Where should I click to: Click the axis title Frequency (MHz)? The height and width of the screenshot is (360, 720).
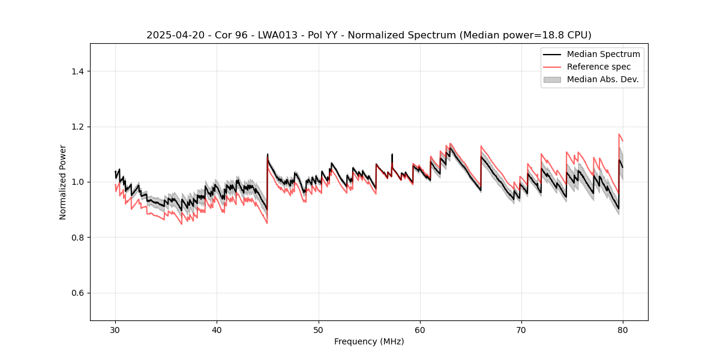pyautogui.click(x=369, y=341)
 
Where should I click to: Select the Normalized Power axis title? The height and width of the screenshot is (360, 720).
pyautogui.click(x=63, y=182)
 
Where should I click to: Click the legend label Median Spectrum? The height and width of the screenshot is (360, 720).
pyautogui.click(x=603, y=54)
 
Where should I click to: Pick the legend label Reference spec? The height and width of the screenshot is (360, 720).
pyautogui.click(x=599, y=67)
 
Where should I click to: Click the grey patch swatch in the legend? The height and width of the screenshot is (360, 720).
pyautogui.click(x=552, y=79)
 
